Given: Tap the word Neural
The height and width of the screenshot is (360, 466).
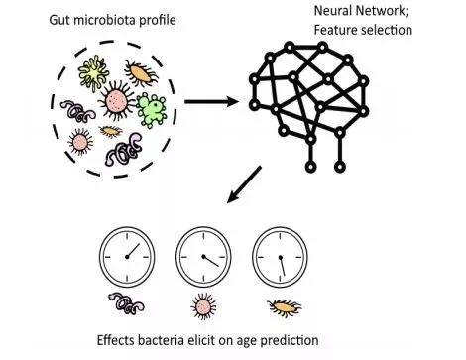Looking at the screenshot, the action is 332,11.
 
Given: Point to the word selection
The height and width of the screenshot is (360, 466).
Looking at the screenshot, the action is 387,30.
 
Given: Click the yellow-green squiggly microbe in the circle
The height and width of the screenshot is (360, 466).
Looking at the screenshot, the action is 93,72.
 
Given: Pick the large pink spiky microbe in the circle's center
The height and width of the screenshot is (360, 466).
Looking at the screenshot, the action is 115,100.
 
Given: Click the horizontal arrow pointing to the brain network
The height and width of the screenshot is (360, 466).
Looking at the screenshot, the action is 211,101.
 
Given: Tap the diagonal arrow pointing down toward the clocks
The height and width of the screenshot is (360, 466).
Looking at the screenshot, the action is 244,184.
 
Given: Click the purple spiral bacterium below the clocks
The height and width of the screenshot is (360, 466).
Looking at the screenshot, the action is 127,303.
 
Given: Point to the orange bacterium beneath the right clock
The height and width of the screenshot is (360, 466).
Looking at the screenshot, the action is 285,307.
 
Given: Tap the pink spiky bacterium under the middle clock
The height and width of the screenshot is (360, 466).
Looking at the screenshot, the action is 203,307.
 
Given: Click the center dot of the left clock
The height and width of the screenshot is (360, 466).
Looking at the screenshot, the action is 127,257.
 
